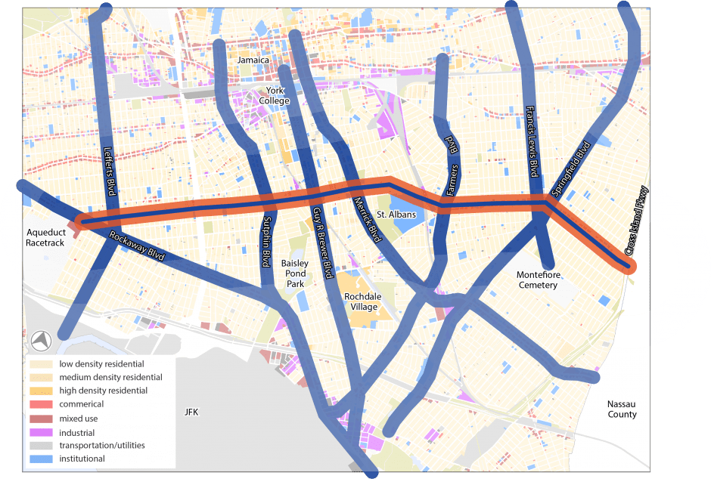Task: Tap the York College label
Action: [x=274, y=95]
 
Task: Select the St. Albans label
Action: [x=391, y=215]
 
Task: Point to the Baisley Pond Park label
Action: [x=293, y=273]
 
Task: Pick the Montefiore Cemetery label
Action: [x=537, y=280]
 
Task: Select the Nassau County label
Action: [x=622, y=409]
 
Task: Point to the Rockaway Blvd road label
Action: [x=137, y=247]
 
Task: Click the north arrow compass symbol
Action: [x=41, y=341]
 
